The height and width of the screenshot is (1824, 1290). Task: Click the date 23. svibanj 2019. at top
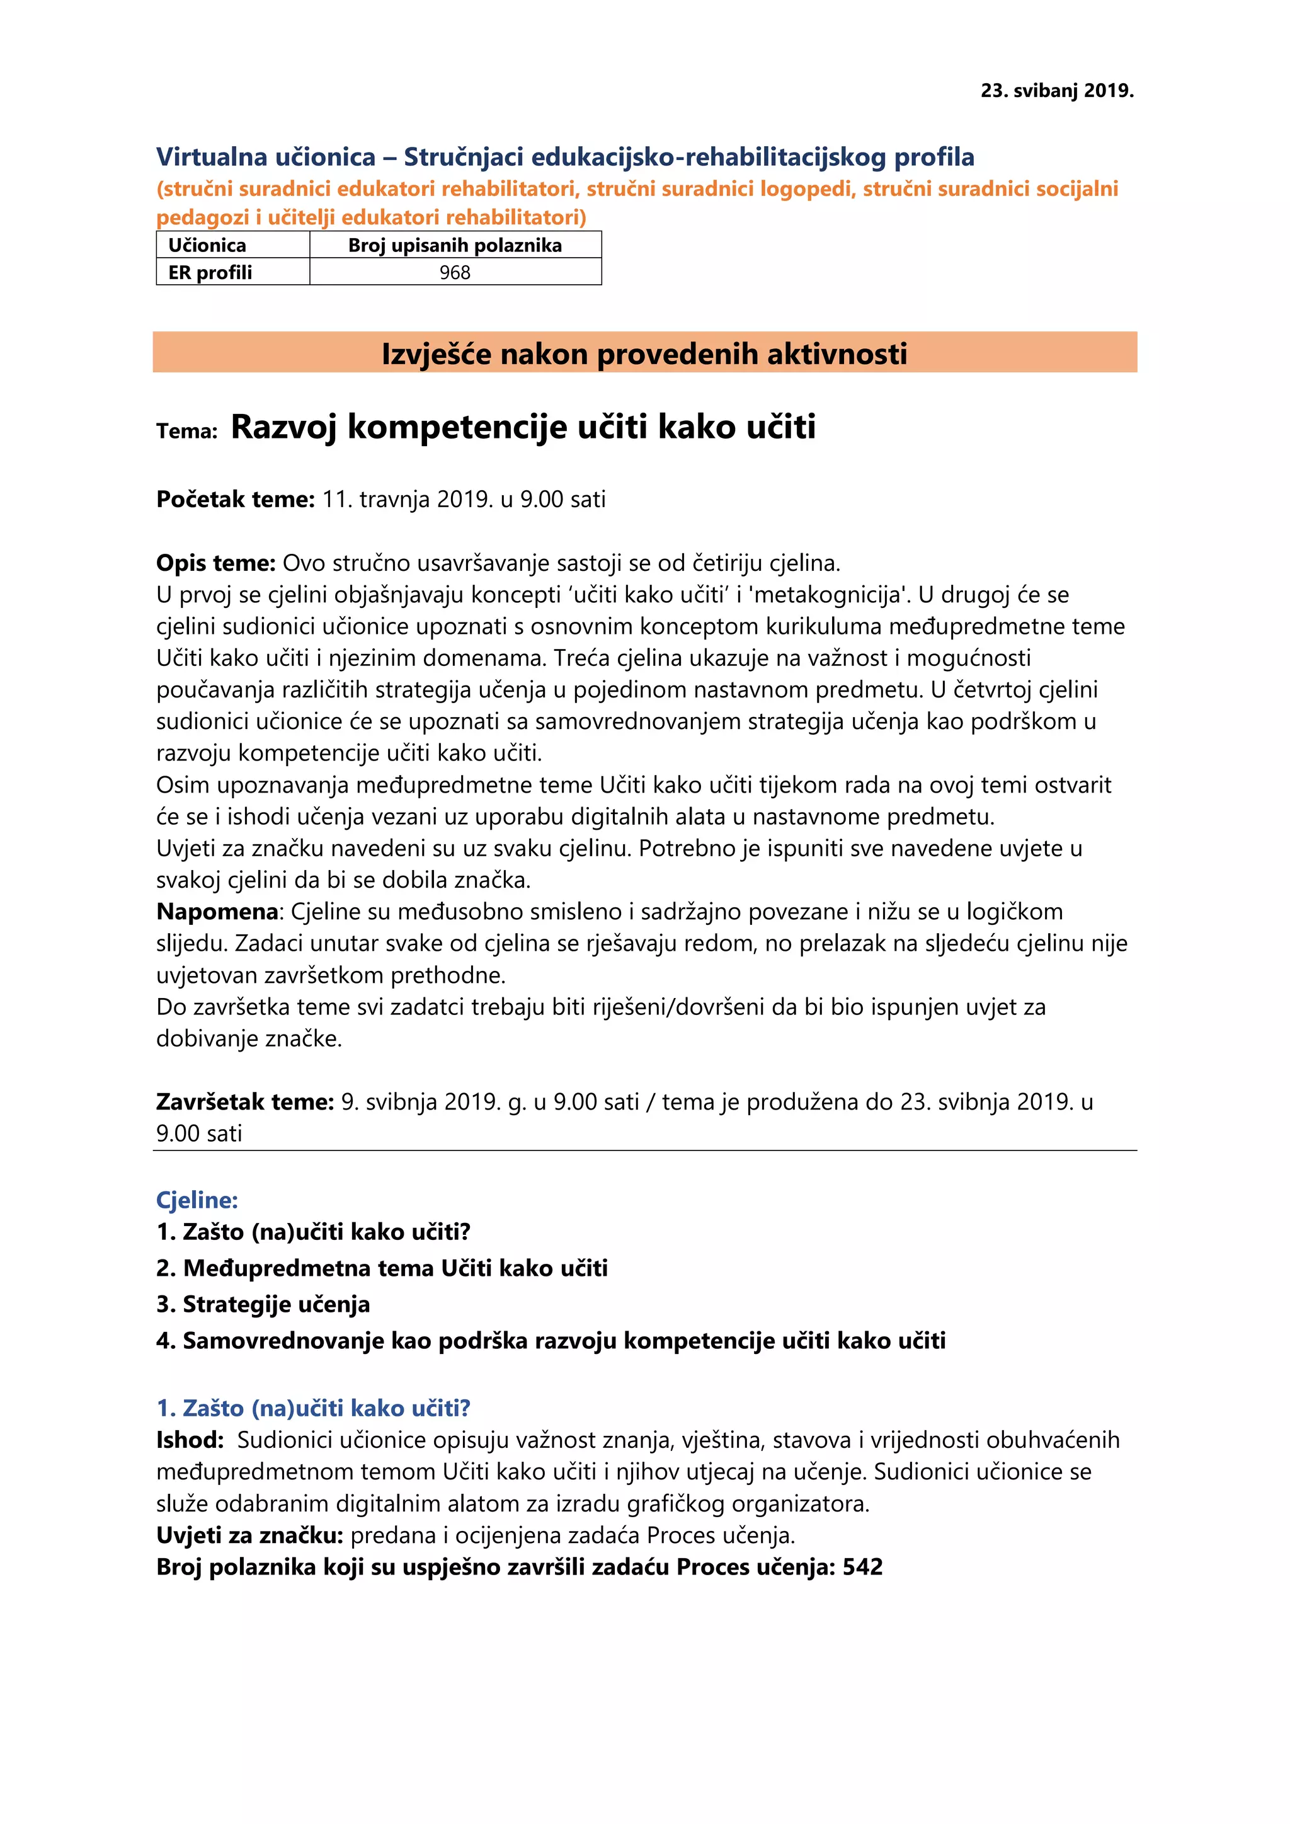(x=1056, y=91)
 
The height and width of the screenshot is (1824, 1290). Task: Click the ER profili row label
(x=210, y=272)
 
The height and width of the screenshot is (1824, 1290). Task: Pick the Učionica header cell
(x=207, y=246)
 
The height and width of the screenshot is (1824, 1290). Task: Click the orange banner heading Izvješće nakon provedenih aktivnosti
(x=644, y=353)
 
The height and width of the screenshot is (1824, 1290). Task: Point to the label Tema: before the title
(x=186, y=432)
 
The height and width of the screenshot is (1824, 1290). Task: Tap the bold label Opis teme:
(x=216, y=563)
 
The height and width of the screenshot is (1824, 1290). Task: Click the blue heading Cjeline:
(x=197, y=1200)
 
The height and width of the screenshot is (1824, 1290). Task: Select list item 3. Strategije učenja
(x=263, y=1304)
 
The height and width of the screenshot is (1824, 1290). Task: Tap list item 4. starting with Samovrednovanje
(x=551, y=1341)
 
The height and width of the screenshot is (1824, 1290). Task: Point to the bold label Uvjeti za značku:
(x=249, y=1535)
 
